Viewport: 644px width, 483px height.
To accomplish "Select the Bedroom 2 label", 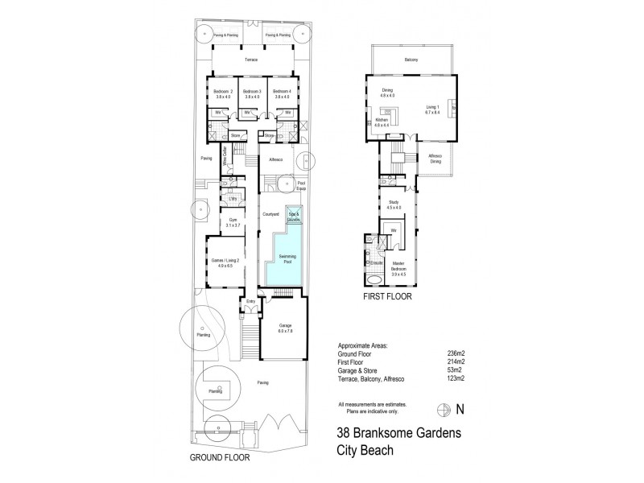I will [223, 93].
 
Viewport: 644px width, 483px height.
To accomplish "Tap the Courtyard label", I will [270, 214].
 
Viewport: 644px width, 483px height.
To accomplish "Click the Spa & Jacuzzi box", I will [294, 216].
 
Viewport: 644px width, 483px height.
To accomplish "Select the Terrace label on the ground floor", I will [251, 60].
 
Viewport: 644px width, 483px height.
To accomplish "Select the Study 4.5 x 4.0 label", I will [394, 205].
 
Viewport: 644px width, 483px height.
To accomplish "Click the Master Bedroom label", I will [398, 269].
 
